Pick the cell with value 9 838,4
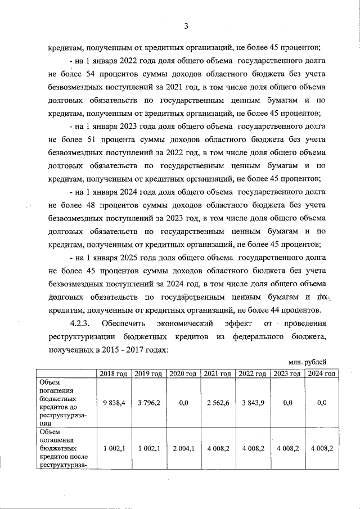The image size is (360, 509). click(x=114, y=402)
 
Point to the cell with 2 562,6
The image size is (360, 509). click(x=218, y=402)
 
